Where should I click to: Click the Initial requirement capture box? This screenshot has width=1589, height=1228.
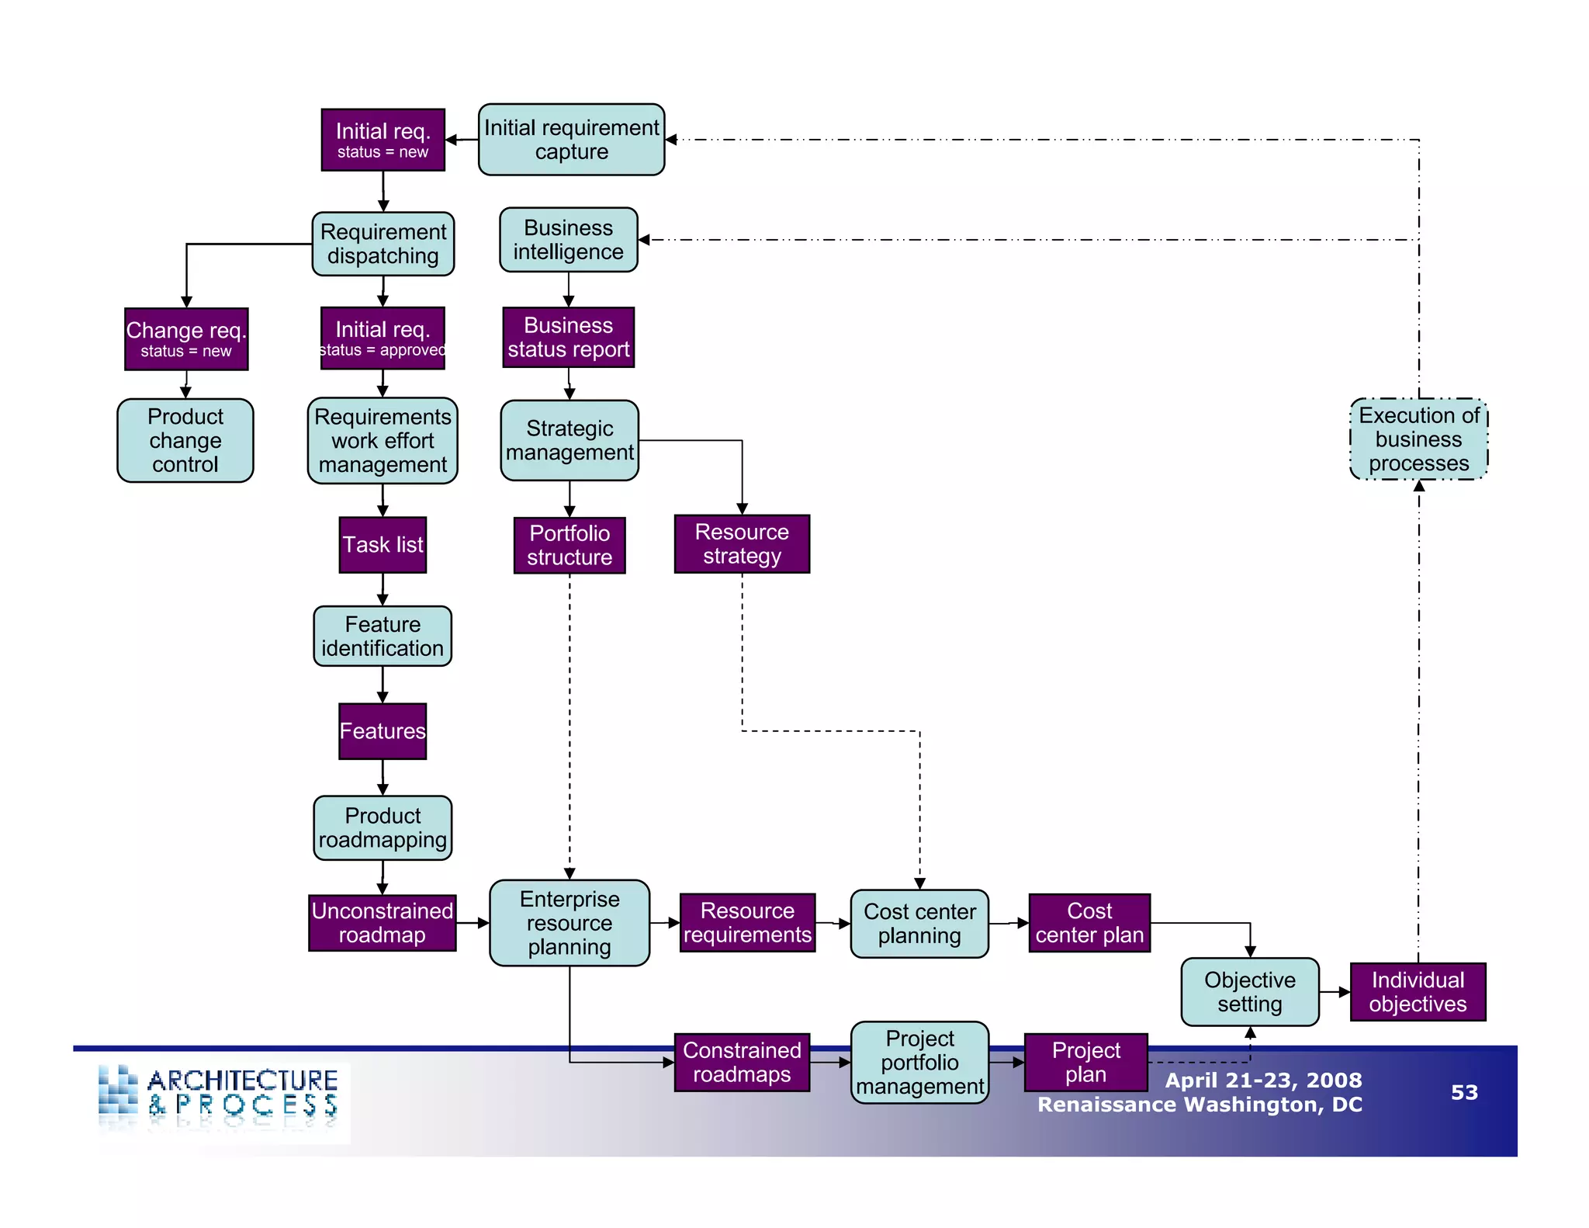click(x=571, y=140)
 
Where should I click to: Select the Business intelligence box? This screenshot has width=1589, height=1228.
click(x=568, y=240)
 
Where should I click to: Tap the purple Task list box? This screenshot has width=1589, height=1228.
click(x=383, y=545)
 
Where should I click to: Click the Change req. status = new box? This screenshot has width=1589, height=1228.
click(x=186, y=339)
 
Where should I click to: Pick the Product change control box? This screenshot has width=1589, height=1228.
click(x=185, y=441)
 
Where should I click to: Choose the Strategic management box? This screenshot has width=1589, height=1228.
click(x=569, y=440)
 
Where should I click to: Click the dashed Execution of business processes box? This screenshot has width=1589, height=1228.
click(x=1418, y=439)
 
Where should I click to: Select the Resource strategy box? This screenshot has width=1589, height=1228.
click(x=742, y=544)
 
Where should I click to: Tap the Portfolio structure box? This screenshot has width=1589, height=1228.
click(x=569, y=545)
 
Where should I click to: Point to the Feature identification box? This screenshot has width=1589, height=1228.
click(x=383, y=637)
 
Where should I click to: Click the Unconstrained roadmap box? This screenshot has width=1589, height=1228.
click(x=382, y=923)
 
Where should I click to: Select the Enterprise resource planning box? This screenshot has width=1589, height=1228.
click(x=569, y=923)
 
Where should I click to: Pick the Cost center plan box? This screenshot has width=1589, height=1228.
click(x=1089, y=923)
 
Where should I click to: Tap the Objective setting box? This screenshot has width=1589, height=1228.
click(x=1249, y=992)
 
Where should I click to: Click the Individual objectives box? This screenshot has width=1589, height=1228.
click(x=1418, y=992)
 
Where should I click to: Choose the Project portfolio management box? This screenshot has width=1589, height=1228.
click(x=919, y=1063)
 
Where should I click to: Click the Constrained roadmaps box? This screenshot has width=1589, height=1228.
click(x=742, y=1063)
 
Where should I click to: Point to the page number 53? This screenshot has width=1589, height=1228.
click(x=1464, y=1092)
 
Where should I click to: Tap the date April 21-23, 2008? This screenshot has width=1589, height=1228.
click(x=1262, y=1080)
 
